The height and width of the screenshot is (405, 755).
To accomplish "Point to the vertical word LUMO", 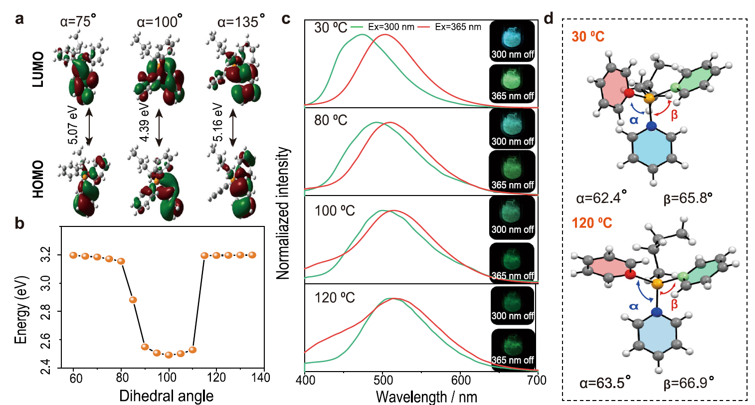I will pos(38,69).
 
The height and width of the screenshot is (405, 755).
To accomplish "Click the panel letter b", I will pos(19,223).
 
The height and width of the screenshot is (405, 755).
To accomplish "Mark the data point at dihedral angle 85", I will pos(133,300).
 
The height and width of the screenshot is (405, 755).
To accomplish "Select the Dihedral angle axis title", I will pos(166,396).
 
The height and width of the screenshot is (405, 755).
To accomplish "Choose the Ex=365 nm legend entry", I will pos(449,27).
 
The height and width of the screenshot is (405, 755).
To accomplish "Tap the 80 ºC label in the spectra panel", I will pos(331,120).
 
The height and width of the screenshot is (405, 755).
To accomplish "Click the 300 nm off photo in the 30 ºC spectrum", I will pos(512,41).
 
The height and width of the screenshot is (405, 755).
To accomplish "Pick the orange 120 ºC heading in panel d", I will pos(592,223).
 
